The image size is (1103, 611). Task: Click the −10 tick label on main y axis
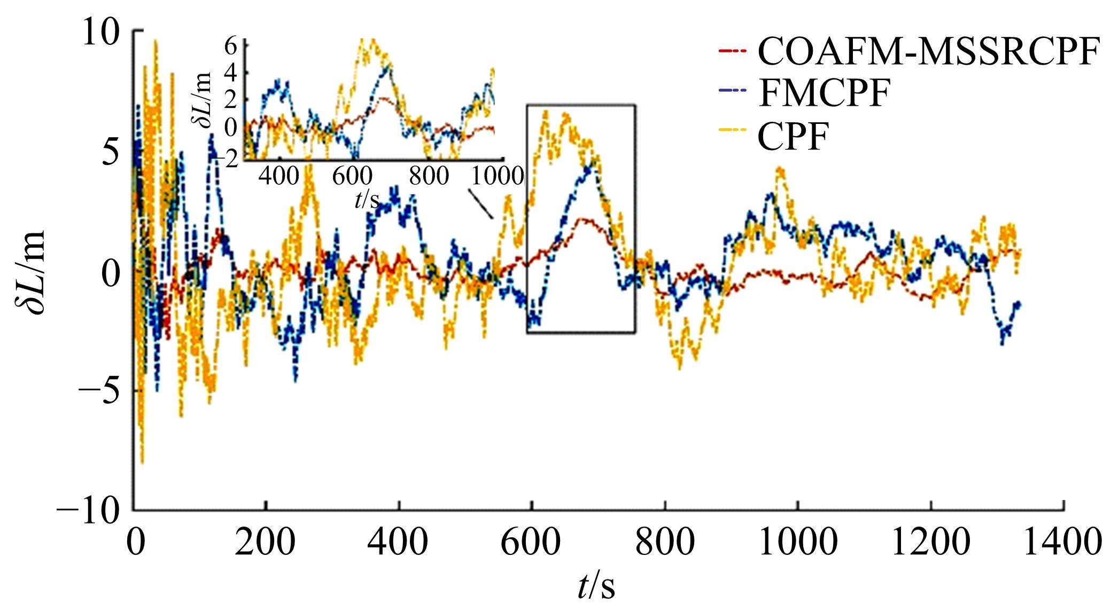(x=89, y=512)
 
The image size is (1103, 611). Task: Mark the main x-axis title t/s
(x=596, y=586)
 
